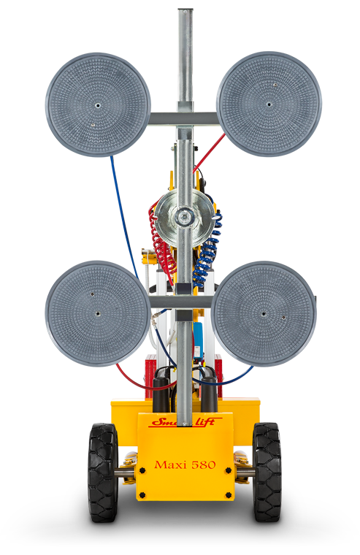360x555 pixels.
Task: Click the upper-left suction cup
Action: coord(98,104)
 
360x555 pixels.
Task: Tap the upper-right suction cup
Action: coord(269,103)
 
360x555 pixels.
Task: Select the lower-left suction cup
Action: coord(98,314)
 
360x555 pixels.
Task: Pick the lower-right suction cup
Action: coord(264,313)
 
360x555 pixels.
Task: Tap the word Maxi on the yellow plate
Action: coord(169,465)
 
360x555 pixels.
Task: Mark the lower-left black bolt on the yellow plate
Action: coord(142,494)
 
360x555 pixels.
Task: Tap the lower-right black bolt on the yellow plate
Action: coord(229,494)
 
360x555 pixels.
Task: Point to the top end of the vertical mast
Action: coord(185,12)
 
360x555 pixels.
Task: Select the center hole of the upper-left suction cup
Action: coord(98,104)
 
